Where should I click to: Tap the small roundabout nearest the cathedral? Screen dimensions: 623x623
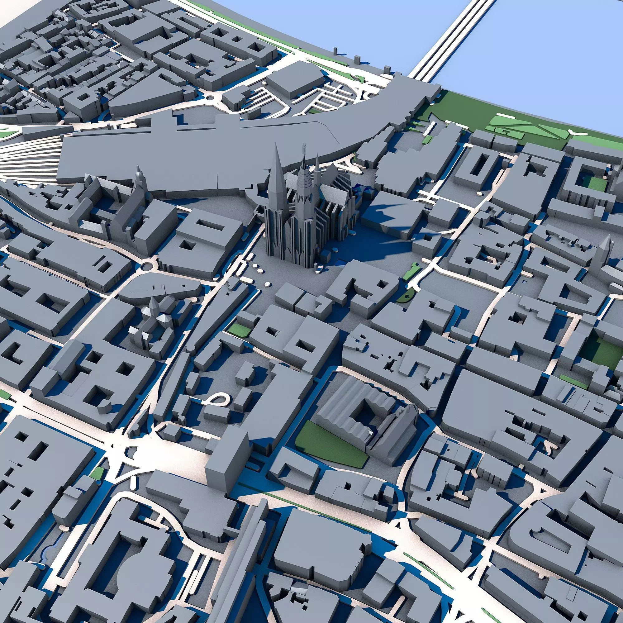click(x=147, y=266)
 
